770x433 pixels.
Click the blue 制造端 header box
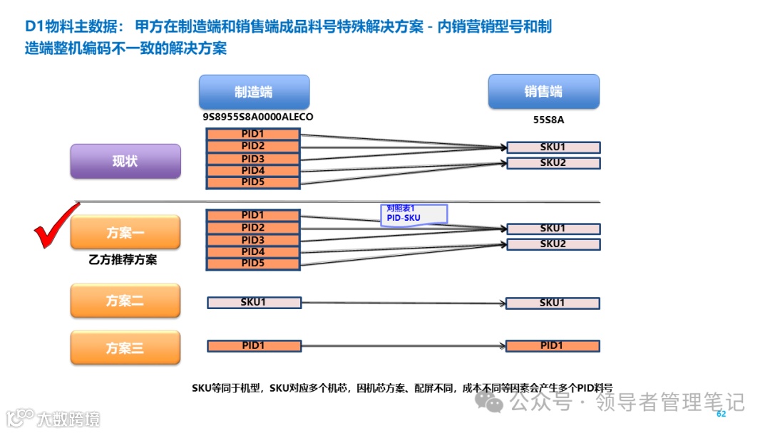coord(254,92)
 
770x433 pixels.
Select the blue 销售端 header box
coord(543,91)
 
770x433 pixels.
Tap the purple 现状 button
coord(125,161)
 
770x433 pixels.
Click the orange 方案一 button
coord(125,232)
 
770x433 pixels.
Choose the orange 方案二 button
coord(125,301)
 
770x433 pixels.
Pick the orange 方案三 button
coord(125,348)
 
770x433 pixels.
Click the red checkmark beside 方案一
coord(57,226)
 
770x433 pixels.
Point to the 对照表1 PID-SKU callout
coord(414,214)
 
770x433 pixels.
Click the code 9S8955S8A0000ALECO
coord(258,117)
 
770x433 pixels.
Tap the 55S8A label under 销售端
coord(548,120)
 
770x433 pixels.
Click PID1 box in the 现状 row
coord(253,134)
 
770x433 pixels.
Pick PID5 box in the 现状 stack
coord(253,182)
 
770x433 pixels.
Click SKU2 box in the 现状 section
coord(553,163)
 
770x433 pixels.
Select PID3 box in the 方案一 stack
coord(253,240)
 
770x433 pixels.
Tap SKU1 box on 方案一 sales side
coord(553,229)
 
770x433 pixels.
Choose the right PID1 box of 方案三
coord(553,346)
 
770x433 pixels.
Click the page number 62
coord(721,414)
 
